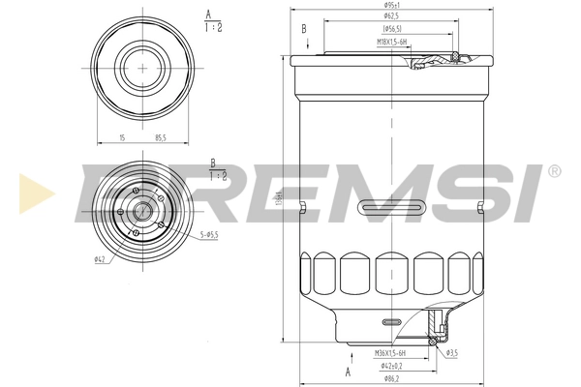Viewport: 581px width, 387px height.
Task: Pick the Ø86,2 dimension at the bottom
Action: (391, 377)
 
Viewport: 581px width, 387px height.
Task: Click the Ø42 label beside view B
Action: (100, 259)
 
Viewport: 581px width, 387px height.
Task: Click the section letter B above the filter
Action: (304, 29)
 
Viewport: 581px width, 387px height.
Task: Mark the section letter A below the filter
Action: (348, 371)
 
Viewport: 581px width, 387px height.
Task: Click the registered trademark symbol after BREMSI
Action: (554, 171)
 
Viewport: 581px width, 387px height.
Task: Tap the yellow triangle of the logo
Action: (34, 194)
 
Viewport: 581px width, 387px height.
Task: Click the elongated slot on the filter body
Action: (391, 208)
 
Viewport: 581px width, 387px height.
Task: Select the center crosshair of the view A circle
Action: (143, 67)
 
